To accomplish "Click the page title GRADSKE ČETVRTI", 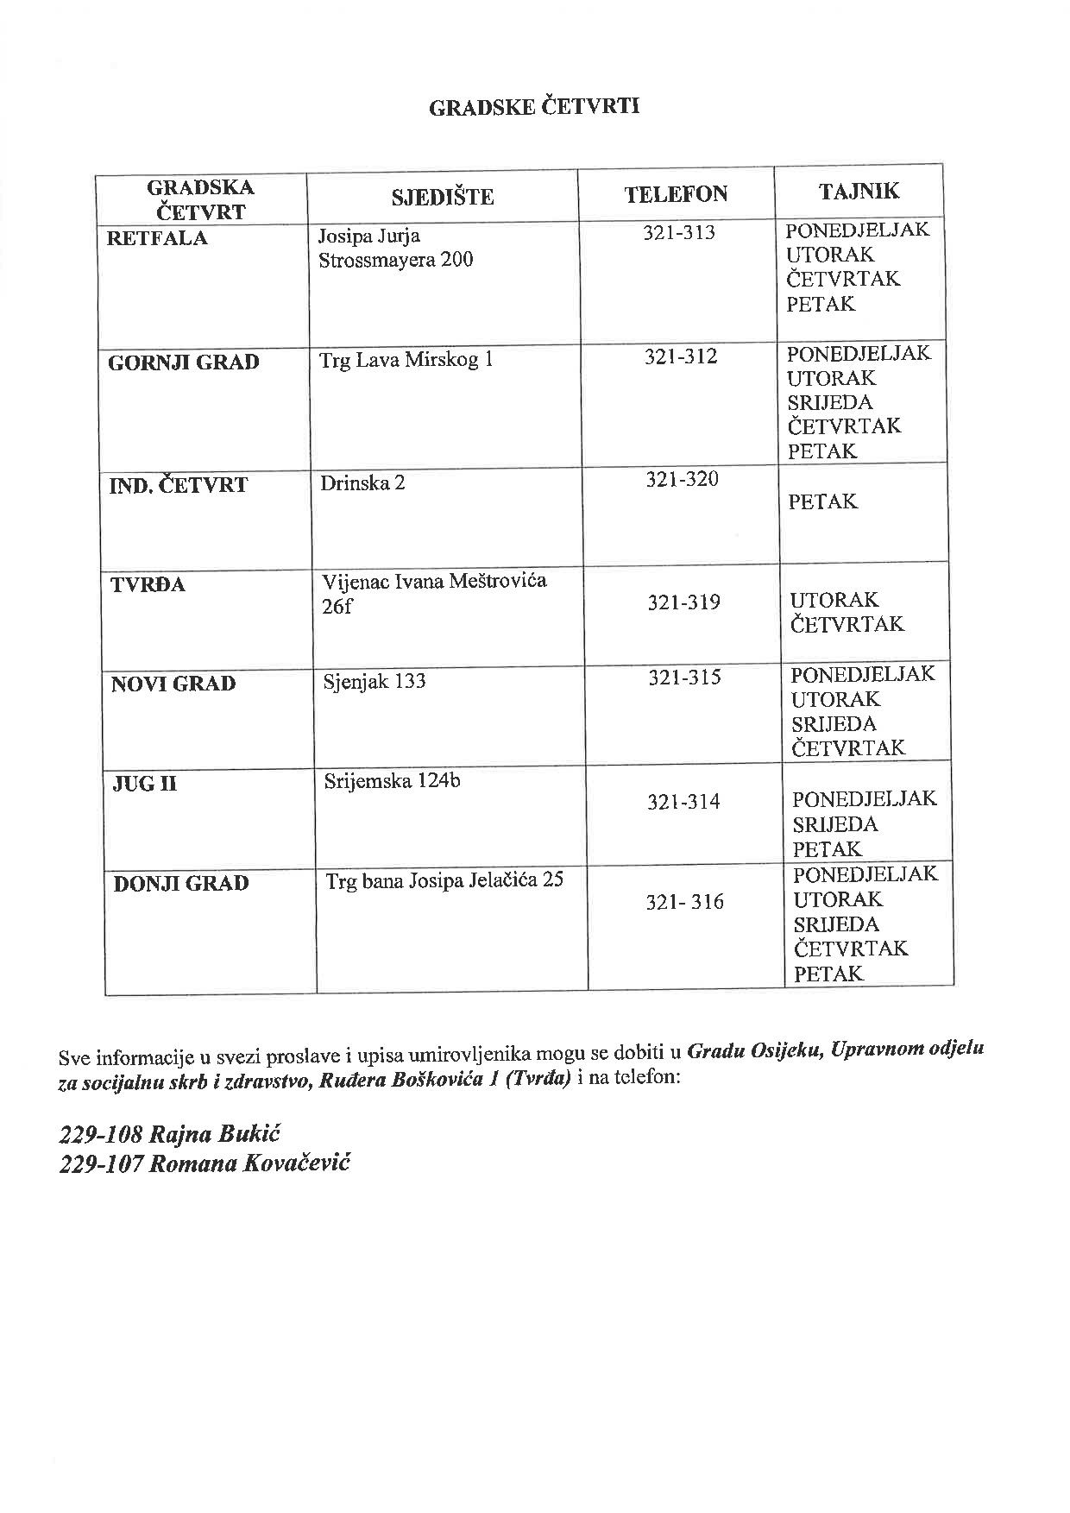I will tap(534, 107).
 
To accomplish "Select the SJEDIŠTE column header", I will tap(442, 198).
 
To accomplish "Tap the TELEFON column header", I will tap(676, 194).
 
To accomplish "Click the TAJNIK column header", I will tap(859, 191).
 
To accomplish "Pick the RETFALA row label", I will tap(157, 239).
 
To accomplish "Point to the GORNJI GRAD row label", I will tap(183, 362).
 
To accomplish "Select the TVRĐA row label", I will tap(148, 585).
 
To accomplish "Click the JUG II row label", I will tap(144, 785).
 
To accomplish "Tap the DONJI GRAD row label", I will tap(181, 884).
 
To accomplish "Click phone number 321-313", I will tap(679, 233).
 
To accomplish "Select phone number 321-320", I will tap(682, 480).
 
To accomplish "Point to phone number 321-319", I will tap(683, 602).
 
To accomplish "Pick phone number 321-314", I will tap(683, 803).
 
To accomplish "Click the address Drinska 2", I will tap(362, 482).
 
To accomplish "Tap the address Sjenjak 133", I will tap(374, 681).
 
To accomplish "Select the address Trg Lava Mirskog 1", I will tap(406, 360).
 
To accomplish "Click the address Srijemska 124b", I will tap(392, 781).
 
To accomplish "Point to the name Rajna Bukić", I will tap(216, 1134).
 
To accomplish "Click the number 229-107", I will tap(100, 1164).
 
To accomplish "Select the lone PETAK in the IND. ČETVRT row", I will tap(822, 501).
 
